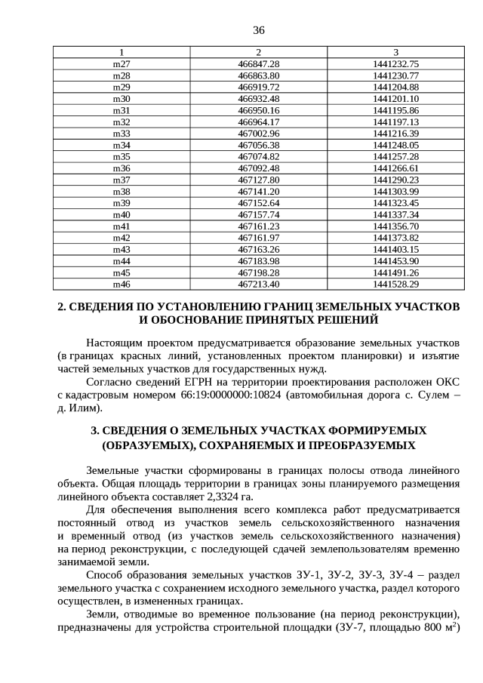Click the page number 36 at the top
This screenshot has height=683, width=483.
[258, 30]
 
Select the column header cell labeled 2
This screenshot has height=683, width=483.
[258, 52]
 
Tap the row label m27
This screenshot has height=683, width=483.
[122, 64]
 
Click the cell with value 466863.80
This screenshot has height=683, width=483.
[258, 75]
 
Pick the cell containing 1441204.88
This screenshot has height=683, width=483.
[395, 87]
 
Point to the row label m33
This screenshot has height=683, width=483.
[122, 133]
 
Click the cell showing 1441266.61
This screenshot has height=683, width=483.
[395, 168]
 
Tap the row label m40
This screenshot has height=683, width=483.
[122, 214]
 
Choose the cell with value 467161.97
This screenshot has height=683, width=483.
[258, 238]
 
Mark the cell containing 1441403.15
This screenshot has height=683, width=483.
[395, 249]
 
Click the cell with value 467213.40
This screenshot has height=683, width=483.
[258, 284]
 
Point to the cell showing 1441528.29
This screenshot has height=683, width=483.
[395, 284]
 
